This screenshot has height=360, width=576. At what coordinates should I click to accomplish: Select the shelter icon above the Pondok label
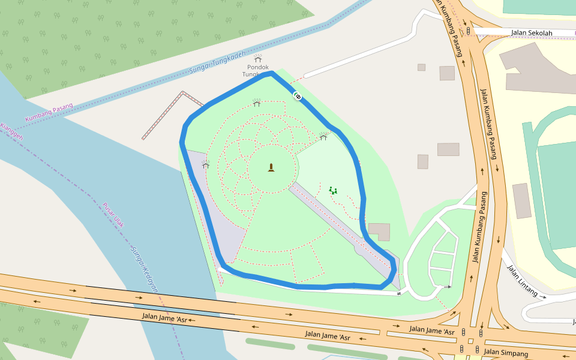tap(258, 58)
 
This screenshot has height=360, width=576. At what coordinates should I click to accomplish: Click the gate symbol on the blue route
tap(297, 95)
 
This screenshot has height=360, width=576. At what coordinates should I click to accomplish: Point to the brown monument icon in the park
tap(271, 167)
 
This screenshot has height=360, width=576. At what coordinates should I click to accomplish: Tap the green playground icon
tap(333, 190)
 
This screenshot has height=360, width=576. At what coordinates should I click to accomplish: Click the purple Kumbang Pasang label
tap(49, 113)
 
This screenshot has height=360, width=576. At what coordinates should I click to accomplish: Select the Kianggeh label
tap(11, 133)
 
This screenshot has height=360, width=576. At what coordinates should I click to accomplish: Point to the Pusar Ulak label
tap(113, 215)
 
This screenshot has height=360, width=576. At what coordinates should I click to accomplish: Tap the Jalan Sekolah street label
tap(531, 32)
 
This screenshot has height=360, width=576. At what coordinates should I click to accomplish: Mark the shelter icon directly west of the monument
tap(206, 165)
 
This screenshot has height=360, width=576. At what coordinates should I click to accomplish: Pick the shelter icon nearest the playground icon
tap(323, 137)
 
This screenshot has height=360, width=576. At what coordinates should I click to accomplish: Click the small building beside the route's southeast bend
tap(379, 232)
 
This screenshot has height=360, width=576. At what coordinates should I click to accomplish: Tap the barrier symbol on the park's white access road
tap(398, 293)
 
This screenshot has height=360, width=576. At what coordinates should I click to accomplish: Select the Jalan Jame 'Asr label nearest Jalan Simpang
tap(432, 330)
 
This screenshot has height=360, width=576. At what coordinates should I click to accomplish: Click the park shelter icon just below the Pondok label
tap(257, 103)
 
